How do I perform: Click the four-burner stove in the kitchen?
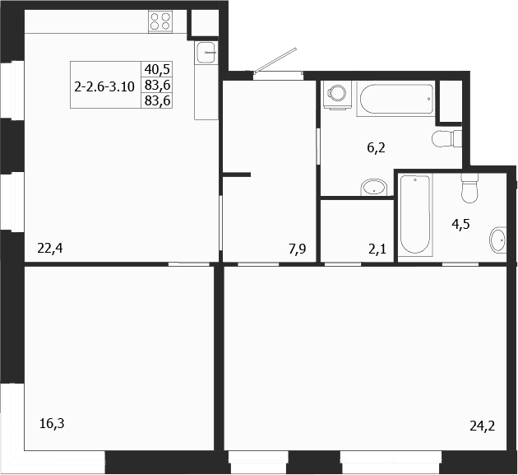(160, 21)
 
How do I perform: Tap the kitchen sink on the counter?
(206, 54)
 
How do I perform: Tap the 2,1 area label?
(377, 248)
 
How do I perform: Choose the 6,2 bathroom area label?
(376, 149)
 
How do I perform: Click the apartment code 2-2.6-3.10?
(104, 85)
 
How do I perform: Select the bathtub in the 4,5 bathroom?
(416, 217)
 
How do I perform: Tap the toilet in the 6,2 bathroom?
(447, 137)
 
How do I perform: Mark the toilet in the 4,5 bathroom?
(469, 189)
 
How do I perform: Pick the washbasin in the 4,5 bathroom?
(497, 241)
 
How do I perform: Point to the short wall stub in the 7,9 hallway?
(237, 174)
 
